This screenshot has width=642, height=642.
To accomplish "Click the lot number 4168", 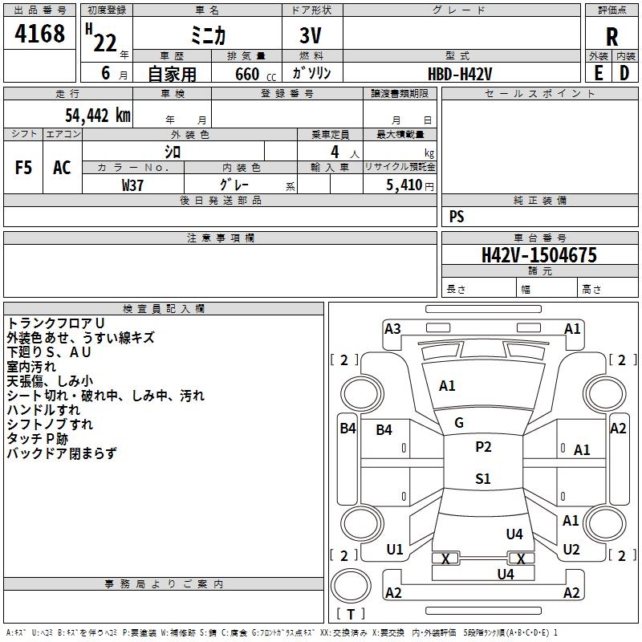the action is (39, 34).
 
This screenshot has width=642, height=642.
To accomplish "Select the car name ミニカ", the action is (208, 35).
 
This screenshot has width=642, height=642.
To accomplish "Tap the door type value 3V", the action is (311, 35).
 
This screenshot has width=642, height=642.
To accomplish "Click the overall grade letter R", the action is (612, 37).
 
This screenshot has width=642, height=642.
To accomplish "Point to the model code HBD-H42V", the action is (460, 74).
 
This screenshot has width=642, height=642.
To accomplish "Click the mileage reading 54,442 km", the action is (98, 116).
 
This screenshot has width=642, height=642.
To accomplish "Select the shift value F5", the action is (23, 168).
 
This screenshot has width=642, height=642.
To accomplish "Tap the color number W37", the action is (132, 185).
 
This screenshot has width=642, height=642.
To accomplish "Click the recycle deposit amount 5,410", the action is (404, 185).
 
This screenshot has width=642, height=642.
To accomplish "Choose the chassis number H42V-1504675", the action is (539, 255).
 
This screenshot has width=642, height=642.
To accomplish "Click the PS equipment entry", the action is (457, 217).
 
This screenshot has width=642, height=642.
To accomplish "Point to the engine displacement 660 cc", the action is (255, 75).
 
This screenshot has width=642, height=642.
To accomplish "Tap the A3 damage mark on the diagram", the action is (392, 329).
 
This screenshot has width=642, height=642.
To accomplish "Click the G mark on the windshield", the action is (459, 423).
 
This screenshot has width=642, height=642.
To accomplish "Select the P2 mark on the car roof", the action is (483, 447).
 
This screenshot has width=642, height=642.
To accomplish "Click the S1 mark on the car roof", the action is (483, 478).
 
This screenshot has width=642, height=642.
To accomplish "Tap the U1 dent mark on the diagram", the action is (395, 550).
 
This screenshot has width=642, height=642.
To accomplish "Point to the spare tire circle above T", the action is (351, 587).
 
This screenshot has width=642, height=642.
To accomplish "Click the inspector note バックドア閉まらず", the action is (62, 453).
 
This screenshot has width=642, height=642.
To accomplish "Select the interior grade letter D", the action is (624, 73).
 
